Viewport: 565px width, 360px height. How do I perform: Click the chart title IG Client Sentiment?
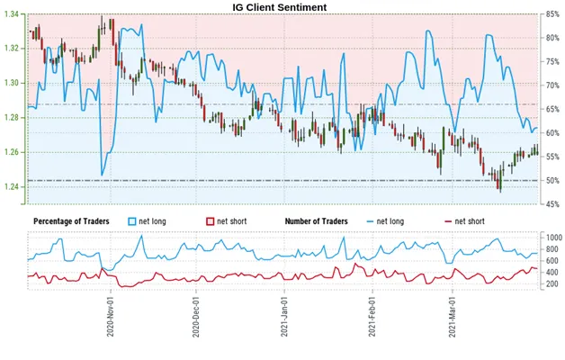(x=279, y=7)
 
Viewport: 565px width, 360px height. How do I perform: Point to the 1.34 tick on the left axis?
(x=12, y=14)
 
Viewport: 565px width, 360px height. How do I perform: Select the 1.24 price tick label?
(x=12, y=186)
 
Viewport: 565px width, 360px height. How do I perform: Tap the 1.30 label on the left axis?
(x=12, y=83)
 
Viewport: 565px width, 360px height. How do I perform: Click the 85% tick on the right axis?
(x=552, y=14)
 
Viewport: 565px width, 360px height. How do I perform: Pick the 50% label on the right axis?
(x=552, y=181)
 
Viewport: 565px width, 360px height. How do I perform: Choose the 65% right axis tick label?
(x=552, y=109)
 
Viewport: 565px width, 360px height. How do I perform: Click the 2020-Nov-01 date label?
(x=111, y=317)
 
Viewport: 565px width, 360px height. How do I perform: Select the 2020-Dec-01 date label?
(x=195, y=317)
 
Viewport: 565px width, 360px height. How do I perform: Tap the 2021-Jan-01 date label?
(x=284, y=317)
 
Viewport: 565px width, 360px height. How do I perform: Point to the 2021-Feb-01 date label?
(x=372, y=317)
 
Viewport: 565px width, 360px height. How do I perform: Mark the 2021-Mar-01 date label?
(x=452, y=317)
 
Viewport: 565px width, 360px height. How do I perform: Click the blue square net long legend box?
(x=132, y=221)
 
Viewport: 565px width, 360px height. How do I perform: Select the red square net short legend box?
(x=210, y=221)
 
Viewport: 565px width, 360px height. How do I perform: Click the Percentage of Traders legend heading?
(x=71, y=221)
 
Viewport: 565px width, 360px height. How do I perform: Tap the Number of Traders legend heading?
(x=317, y=221)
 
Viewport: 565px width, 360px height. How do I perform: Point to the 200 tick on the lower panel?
(x=552, y=284)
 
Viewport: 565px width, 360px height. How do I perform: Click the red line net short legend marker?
(x=449, y=221)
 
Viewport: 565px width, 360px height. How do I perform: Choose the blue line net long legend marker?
(x=370, y=221)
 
